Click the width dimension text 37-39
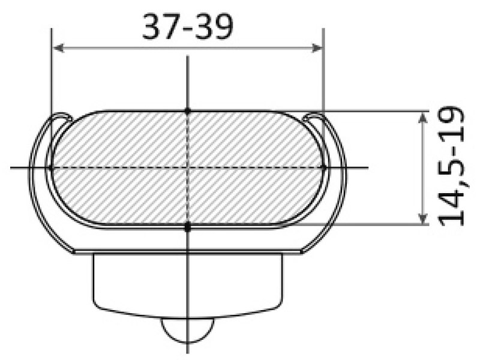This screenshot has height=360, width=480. pos(187,28)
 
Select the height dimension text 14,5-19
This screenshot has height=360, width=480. pos(451,166)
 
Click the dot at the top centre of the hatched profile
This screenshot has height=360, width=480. pos(188,111)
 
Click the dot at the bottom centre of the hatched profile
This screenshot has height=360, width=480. pos(188,227)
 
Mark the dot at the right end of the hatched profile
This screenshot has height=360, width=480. pos(324,167)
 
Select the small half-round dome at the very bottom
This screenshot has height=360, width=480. pos(188,331)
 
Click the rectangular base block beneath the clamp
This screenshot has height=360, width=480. pos(188,282)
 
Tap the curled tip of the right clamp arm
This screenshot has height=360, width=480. pos(314,116)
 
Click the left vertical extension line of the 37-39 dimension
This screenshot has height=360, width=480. pos(52,72)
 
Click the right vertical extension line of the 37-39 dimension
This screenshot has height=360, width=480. pos(324,72)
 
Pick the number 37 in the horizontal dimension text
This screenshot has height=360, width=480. pos(158,28)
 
